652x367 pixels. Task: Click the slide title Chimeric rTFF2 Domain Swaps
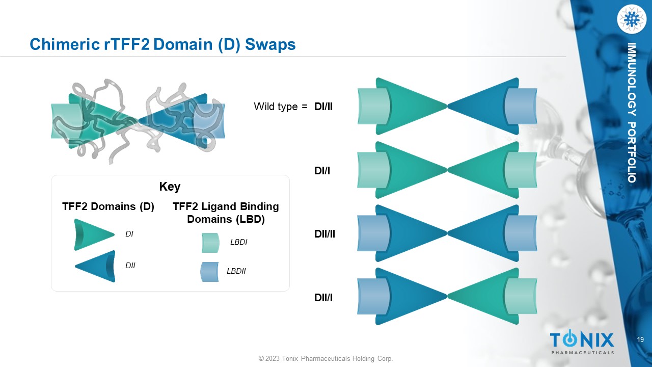click(x=162, y=44)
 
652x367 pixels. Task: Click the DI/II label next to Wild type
click(x=323, y=107)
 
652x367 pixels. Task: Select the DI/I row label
click(x=322, y=171)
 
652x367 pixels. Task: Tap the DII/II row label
click(x=324, y=234)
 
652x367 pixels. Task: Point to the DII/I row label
click(x=323, y=297)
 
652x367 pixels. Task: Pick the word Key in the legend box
click(x=170, y=187)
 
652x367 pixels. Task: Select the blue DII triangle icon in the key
click(x=96, y=266)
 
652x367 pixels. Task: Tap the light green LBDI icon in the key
click(x=210, y=243)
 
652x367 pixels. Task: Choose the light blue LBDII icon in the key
click(x=209, y=272)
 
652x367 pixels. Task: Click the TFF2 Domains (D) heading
click(x=108, y=206)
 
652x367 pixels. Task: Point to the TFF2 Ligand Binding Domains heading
click(x=226, y=213)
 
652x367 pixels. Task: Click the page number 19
click(x=640, y=340)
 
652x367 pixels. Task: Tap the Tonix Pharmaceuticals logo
click(x=582, y=342)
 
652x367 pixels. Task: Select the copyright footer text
click(x=325, y=359)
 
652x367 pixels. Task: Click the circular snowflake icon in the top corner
click(x=631, y=19)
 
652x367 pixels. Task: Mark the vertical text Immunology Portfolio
click(x=632, y=113)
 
